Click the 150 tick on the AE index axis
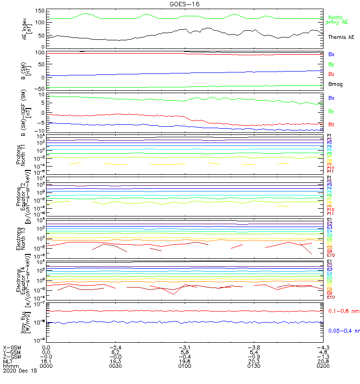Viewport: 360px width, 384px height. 39,11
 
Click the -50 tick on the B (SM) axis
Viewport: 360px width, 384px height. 39,89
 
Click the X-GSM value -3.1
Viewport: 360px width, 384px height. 184,347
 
